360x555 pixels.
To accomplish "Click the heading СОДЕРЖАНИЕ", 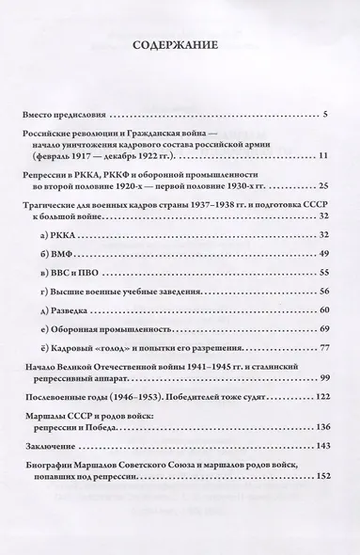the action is (180, 44).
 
